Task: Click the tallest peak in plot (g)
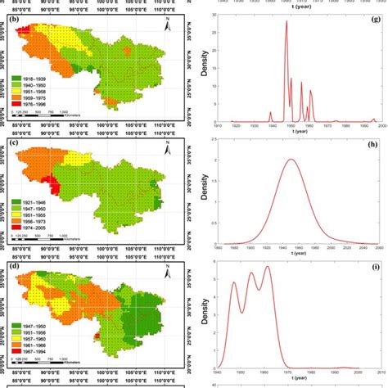point(286,22)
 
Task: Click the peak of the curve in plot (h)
point(291,160)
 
